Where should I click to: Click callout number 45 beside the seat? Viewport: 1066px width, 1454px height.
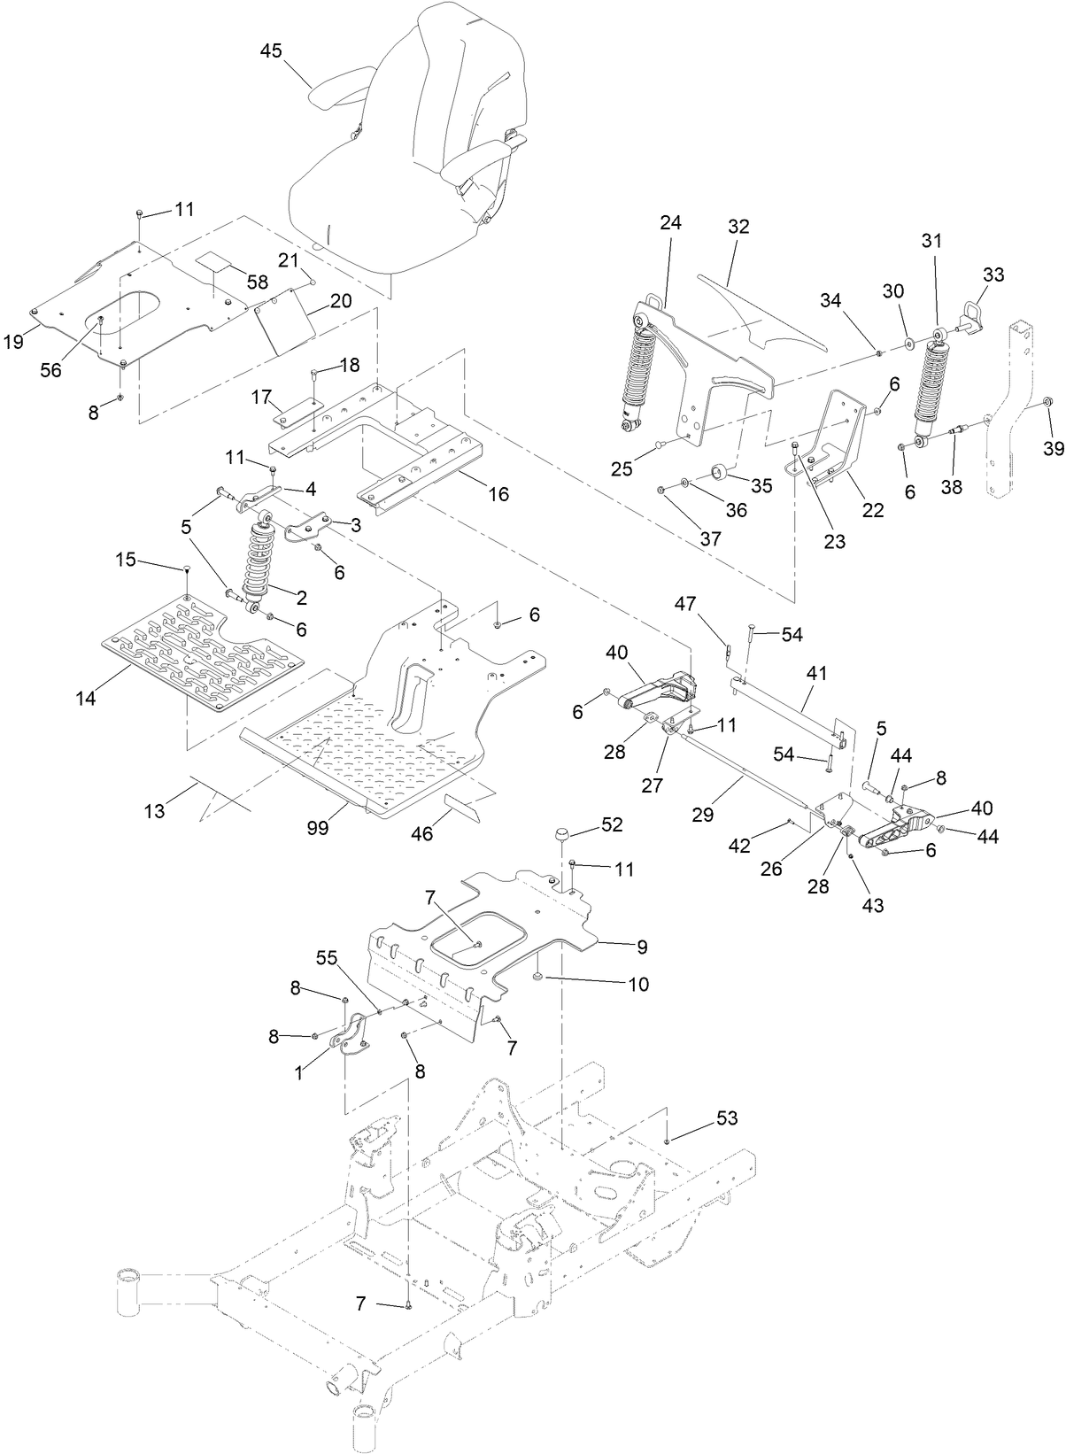[271, 50]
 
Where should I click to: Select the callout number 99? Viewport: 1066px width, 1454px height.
[318, 827]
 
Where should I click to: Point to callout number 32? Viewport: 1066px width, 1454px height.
[738, 227]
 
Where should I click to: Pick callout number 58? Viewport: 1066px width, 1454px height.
[258, 282]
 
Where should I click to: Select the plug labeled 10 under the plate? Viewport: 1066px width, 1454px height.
[537, 975]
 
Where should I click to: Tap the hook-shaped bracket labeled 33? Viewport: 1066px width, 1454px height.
[974, 317]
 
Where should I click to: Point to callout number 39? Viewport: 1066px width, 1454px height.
[1053, 449]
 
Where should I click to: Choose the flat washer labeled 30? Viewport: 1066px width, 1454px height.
[910, 340]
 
